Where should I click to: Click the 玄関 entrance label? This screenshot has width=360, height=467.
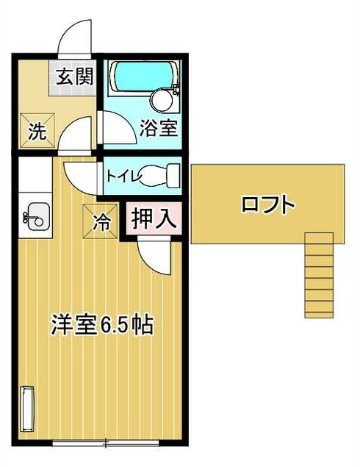(75, 76)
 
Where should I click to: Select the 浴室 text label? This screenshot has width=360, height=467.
(159, 128)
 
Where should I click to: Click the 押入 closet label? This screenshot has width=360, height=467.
(153, 218)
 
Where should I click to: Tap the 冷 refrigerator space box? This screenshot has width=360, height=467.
(100, 221)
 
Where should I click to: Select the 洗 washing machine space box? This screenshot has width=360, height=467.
(37, 131)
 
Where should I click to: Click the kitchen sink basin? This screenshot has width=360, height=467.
(36, 217)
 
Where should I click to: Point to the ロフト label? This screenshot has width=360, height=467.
(268, 204)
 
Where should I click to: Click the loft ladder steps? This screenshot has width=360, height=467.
(319, 275)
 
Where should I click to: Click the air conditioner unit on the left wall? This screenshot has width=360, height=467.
(26, 408)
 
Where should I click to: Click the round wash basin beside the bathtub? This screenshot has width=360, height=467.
(161, 100)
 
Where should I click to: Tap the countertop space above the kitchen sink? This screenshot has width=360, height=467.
(35, 174)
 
